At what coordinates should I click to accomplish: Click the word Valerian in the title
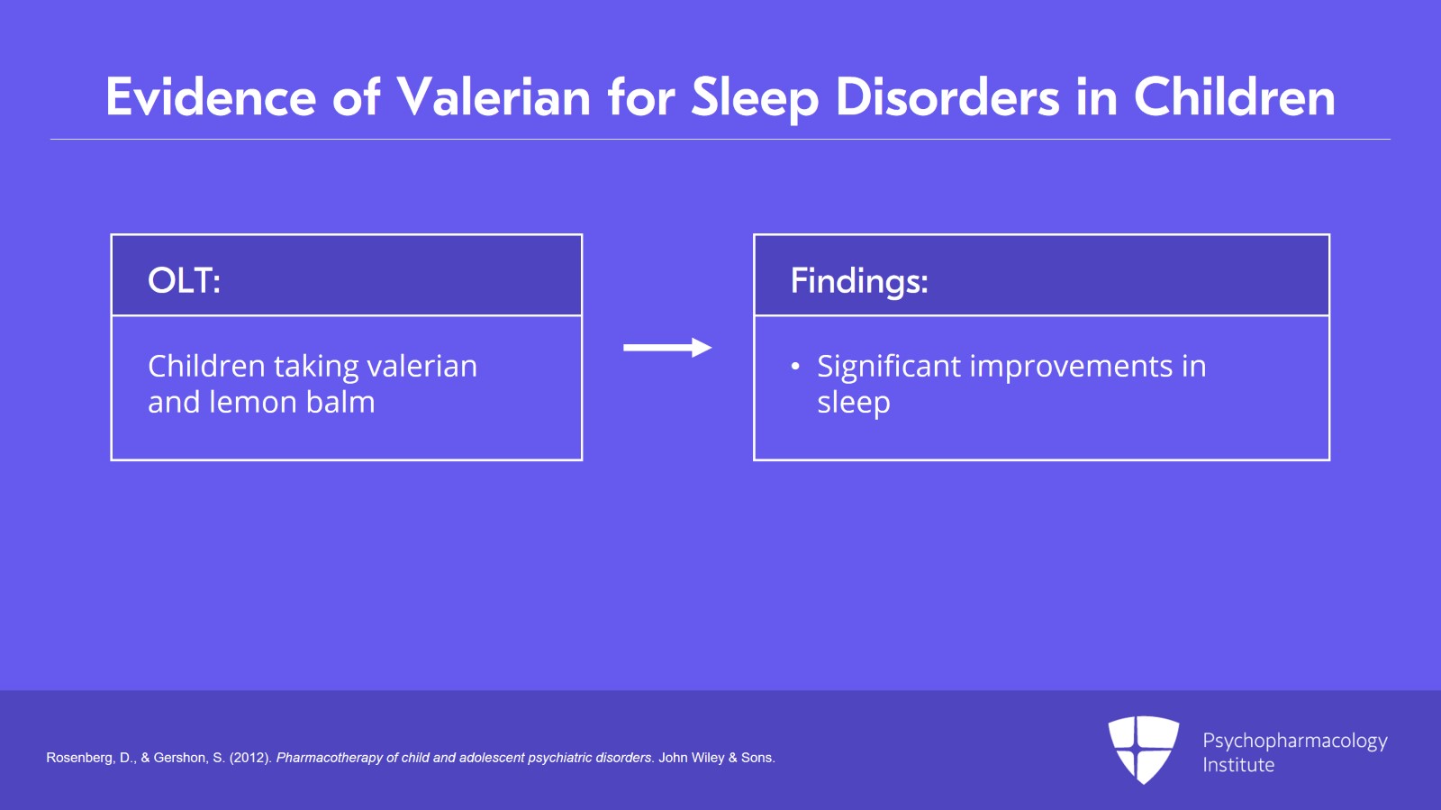click(494, 97)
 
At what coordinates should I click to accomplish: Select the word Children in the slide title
click(1235, 97)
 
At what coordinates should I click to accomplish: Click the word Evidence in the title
click(211, 97)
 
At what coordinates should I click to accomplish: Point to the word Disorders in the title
click(947, 97)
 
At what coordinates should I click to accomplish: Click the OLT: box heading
click(184, 280)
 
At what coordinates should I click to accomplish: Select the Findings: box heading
click(859, 282)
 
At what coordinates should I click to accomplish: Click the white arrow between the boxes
click(667, 348)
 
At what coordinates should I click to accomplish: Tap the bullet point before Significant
click(795, 367)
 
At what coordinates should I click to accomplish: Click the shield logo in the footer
click(1143, 750)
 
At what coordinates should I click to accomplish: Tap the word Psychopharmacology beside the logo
click(1295, 742)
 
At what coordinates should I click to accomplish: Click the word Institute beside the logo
click(1238, 765)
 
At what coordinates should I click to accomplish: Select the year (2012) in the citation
click(251, 758)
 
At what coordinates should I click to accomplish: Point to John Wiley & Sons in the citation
click(717, 758)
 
